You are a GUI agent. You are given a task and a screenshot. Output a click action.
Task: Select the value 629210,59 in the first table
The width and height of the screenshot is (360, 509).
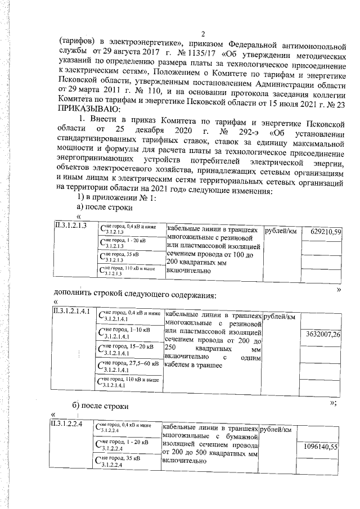click(x=322, y=231)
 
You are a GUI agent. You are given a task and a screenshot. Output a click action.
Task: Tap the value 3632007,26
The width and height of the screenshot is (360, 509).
click(x=322, y=334)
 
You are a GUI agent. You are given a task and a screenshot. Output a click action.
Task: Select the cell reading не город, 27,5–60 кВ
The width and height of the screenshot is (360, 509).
click(x=129, y=366)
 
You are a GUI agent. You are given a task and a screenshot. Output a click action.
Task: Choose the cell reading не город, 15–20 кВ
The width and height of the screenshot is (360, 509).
click(x=129, y=349)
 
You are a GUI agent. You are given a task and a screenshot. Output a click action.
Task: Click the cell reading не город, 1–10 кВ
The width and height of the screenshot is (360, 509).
click(x=129, y=332)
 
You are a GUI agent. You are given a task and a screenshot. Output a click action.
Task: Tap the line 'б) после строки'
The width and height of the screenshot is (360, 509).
click(x=101, y=406)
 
